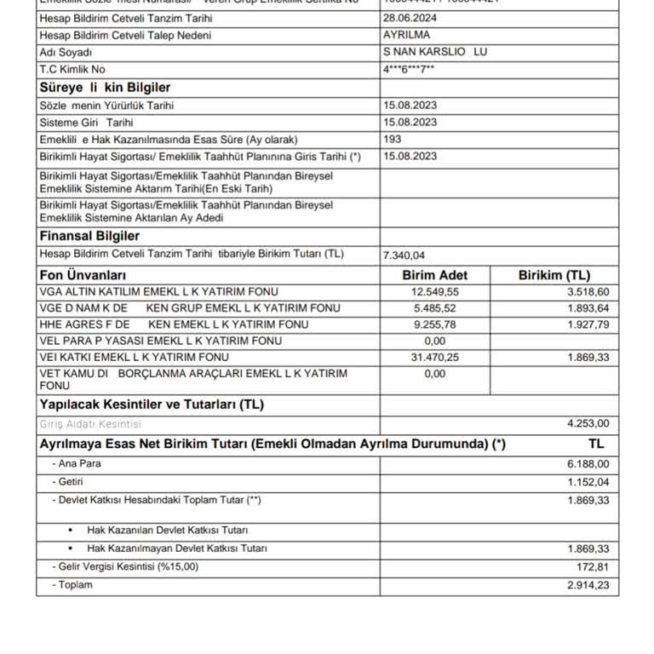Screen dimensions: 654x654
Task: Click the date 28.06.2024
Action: [410, 19]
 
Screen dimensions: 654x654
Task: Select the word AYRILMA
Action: [407, 35]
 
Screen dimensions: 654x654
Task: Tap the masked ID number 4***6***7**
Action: [409, 69]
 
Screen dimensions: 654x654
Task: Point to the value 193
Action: [393, 139]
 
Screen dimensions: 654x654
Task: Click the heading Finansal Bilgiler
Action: [89, 236]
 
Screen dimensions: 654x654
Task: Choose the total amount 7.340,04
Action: [404, 255]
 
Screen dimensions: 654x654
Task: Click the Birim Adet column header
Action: [434, 275]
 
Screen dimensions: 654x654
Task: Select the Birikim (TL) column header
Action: [554, 275]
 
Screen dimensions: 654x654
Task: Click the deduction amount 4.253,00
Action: [588, 423]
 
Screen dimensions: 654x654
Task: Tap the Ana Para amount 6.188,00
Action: [588, 464]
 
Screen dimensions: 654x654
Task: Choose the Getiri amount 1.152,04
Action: [588, 482]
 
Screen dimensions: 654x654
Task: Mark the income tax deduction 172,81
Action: [594, 566]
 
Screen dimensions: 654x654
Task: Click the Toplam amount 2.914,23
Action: [588, 585]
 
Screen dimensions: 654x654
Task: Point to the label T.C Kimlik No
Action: [72, 69]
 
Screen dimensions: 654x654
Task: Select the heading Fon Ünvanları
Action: [83, 275]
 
